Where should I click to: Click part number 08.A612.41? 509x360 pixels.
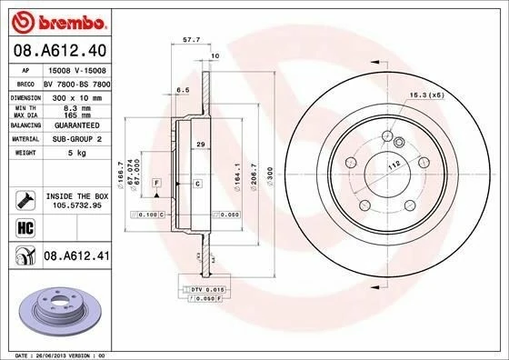(76, 259)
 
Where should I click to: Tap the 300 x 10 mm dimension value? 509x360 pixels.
(76, 95)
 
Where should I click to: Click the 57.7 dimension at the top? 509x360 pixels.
(191, 41)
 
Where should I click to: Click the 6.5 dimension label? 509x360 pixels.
(182, 90)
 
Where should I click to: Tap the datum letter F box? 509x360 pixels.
(157, 183)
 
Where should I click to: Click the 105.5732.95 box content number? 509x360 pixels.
(76, 205)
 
